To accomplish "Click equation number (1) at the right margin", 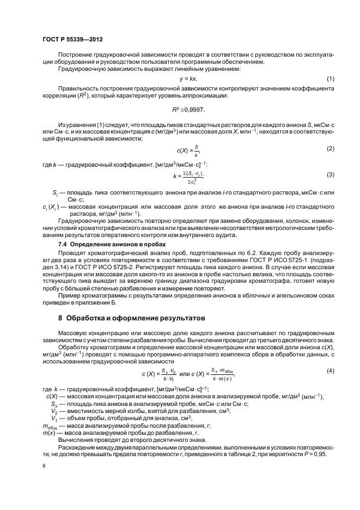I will coord(330,79).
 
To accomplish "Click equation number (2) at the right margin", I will coord(330,149).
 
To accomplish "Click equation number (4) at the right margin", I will coord(330,371).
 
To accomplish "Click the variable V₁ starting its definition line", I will coord(54,418).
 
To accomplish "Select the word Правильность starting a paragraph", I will coord(76,87).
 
